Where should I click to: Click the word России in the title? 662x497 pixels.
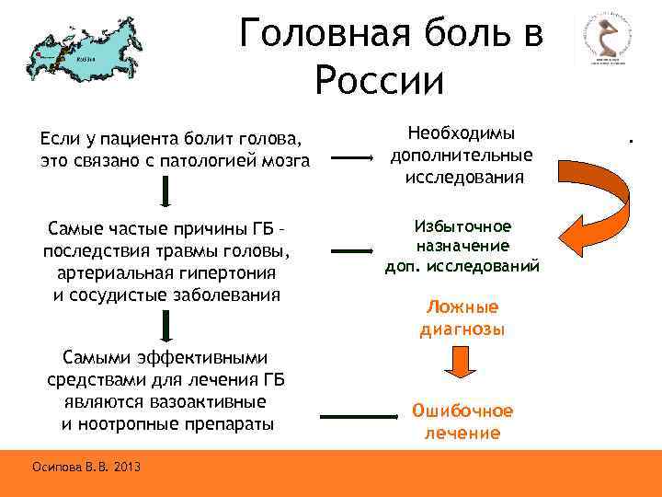(x=379, y=80)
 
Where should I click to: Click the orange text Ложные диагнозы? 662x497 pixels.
(x=462, y=318)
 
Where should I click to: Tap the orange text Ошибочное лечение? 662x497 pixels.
(x=462, y=422)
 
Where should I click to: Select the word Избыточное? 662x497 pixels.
(x=462, y=226)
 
